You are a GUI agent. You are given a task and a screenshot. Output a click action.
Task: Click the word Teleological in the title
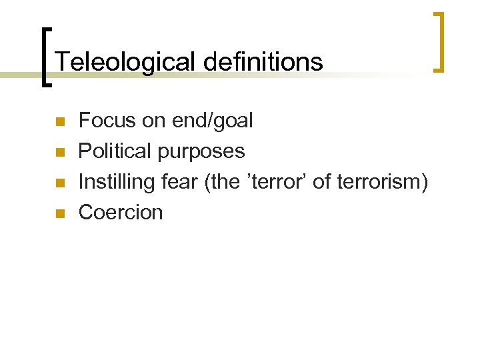pos(125,62)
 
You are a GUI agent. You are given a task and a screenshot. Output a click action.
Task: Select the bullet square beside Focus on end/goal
pos(59,121)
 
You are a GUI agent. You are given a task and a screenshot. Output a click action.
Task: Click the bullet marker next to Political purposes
pos(59,152)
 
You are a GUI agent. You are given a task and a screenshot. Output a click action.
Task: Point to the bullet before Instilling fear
pos(59,183)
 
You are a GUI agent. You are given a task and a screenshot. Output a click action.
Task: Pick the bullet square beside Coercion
pos(59,213)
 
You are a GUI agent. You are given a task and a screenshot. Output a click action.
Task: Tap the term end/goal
pos(213,121)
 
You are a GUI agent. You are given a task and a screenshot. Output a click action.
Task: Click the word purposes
pos(201,152)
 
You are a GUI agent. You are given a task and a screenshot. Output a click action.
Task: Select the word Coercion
pos(121,213)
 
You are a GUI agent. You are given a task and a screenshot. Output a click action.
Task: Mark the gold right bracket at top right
pos(439,41)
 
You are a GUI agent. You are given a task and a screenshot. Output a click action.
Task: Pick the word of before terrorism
pos(321,181)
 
